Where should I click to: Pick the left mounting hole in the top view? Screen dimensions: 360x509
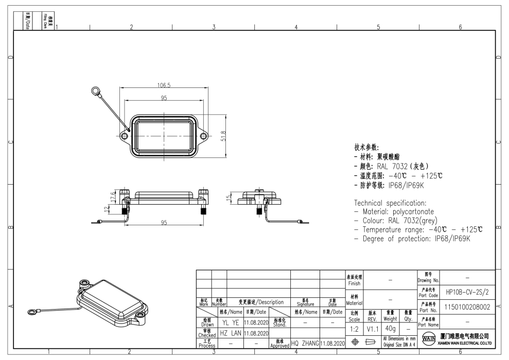coord(125,136)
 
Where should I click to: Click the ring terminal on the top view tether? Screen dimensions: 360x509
coord(95,92)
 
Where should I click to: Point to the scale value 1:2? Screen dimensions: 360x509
coord(354,328)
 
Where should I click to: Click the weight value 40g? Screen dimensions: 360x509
coord(390,328)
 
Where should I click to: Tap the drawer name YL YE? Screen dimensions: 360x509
coord(230,323)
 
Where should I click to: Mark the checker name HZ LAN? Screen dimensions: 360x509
coord(230,333)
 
